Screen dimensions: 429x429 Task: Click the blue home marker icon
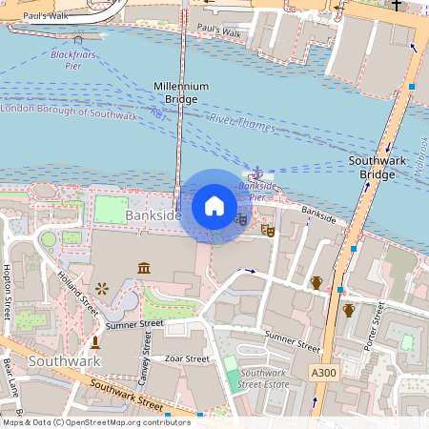(214, 206)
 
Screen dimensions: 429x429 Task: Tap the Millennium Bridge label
(181, 92)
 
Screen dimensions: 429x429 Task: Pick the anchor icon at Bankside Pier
(255, 173)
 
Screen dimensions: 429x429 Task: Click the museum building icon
(144, 268)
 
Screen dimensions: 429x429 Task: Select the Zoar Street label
(187, 359)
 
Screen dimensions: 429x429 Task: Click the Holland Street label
(77, 293)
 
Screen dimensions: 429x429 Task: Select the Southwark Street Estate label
(264, 378)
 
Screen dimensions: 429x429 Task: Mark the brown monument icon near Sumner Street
(95, 340)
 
